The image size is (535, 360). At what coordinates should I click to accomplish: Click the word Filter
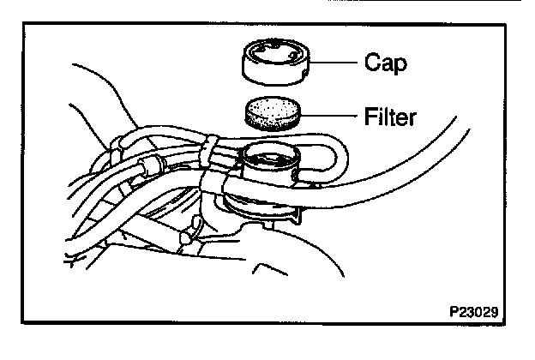tap(388, 117)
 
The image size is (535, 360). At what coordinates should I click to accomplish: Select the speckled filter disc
tap(272, 113)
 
